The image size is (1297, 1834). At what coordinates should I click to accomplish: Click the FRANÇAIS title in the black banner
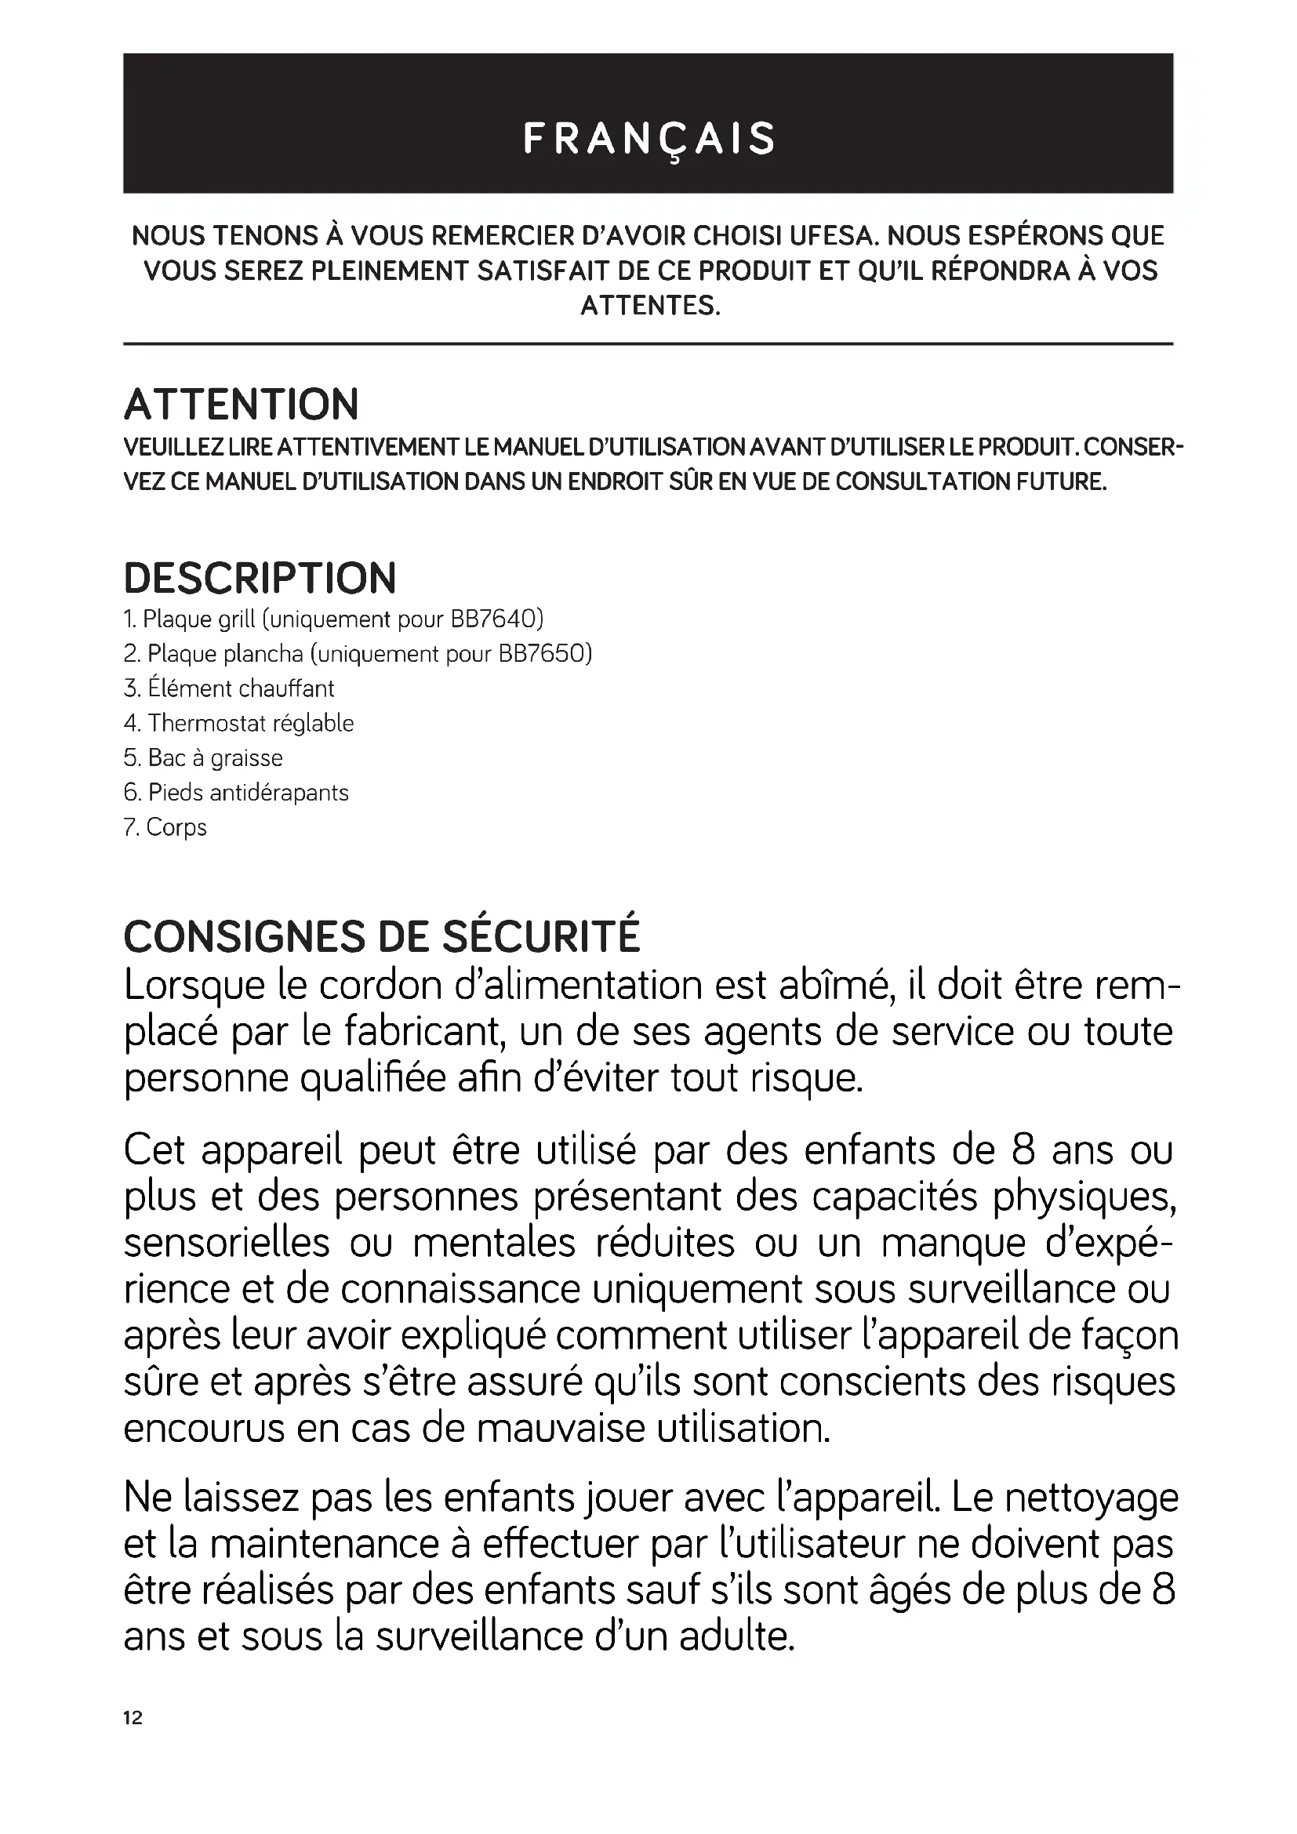click(x=648, y=139)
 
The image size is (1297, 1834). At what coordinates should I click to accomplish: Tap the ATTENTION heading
click(x=242, y=404)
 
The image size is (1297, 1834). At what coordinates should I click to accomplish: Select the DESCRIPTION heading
click(x=260, y=579)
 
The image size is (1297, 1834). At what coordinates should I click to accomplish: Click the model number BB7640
click(x=496, y=619)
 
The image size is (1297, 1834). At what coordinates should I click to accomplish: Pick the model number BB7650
click(x=545, y=654)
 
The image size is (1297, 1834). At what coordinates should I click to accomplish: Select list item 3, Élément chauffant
click(x=229, y=688)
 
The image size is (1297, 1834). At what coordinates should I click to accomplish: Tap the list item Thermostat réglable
click(x=239, y=723)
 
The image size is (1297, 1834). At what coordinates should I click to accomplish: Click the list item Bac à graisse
click(x=204, y=758)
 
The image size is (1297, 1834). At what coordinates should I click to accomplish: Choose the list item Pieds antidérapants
click(x=236, y=793)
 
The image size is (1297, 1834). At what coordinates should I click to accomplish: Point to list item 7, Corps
click(x=165, y=827)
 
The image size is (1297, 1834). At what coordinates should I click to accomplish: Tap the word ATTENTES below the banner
click(x=649, y=306)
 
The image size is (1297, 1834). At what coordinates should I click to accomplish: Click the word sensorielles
click(x=227, y=1243)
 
